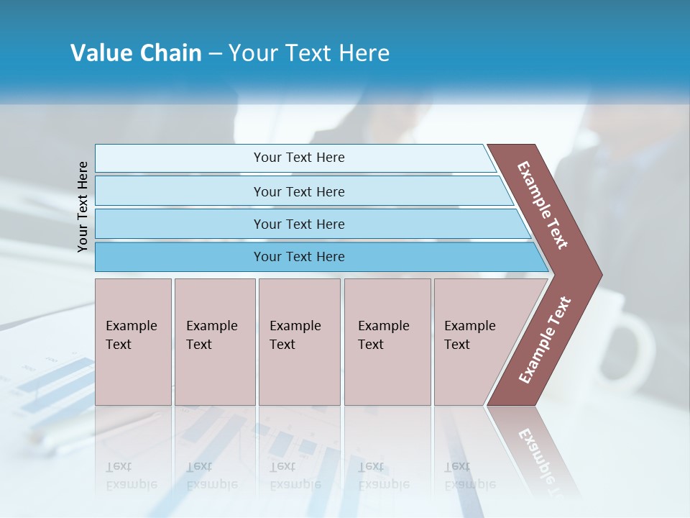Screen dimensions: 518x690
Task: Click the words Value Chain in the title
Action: click(136, 53)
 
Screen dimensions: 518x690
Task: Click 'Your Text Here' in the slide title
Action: click(309, 53)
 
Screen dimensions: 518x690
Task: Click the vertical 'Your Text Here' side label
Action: click(83, 206)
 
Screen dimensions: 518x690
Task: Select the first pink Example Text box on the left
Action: click(133, 342)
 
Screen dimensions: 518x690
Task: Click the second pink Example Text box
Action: click(214, 342)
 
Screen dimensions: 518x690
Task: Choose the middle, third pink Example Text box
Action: click(299, 342)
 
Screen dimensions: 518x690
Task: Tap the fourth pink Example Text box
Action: click(387, 342)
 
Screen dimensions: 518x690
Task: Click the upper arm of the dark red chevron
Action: click(543, 205)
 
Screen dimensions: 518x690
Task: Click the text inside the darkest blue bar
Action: click(299, 257)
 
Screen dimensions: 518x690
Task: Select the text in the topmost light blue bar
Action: click(299, 158)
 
